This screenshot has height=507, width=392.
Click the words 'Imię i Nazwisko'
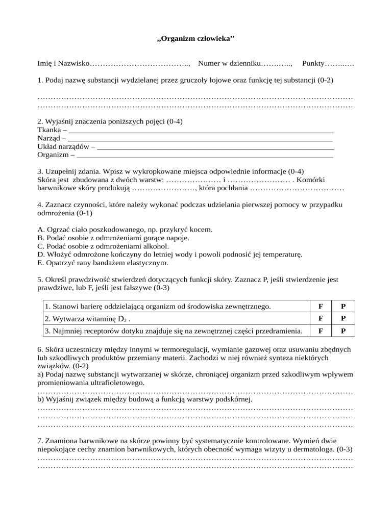[x=62, y=63]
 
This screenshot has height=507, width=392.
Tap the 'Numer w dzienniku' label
[x=229, y=63]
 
